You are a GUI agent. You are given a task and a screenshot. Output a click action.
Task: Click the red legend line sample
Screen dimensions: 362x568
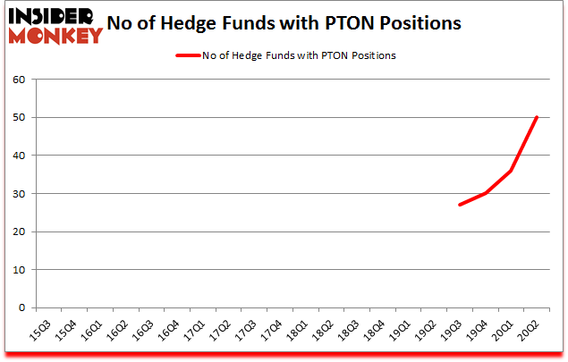click(188, 55)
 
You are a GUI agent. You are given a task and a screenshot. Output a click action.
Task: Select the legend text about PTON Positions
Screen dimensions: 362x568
click(301, 55)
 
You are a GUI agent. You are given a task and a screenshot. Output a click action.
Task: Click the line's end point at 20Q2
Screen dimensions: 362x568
click(537, 117)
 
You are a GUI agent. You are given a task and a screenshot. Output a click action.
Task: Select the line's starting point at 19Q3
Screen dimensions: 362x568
click(460, 205)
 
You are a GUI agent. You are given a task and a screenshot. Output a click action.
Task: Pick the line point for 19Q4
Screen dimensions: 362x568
click(486, 193)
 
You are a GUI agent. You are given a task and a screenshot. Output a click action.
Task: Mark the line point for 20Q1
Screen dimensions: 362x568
click(511, 171)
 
